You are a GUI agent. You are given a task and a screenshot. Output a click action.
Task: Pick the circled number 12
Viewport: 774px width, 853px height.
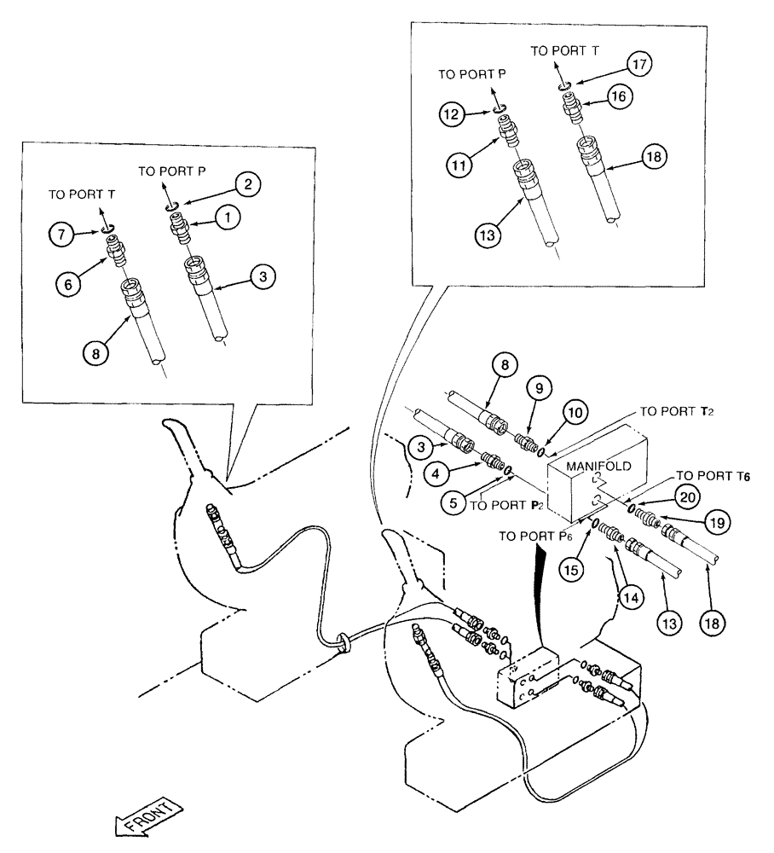click(453, 113)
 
